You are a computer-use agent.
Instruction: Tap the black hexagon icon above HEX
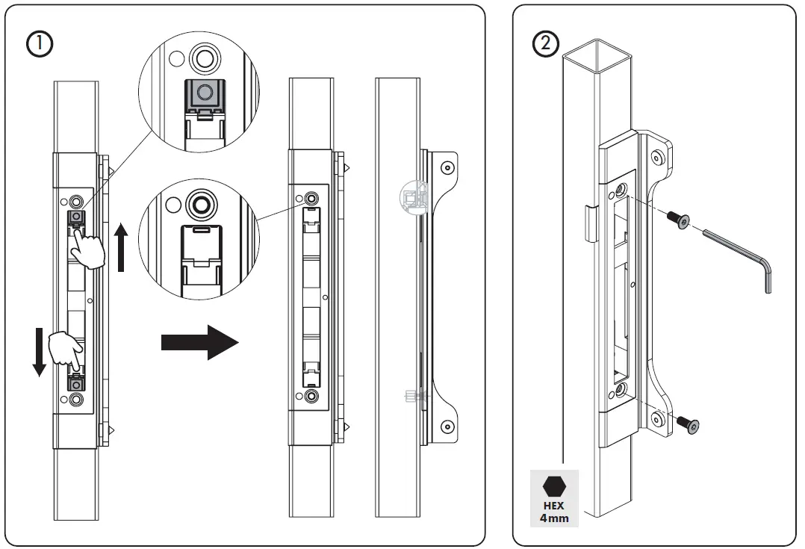pos(554,486)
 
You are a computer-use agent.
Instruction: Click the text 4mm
pos(554,518)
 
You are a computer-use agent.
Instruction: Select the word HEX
pos(554,506)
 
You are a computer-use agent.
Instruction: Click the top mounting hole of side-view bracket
pos(447,167)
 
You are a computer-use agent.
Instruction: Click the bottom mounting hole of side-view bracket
pos(447,427)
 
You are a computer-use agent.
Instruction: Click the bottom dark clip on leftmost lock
pos(75,383)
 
